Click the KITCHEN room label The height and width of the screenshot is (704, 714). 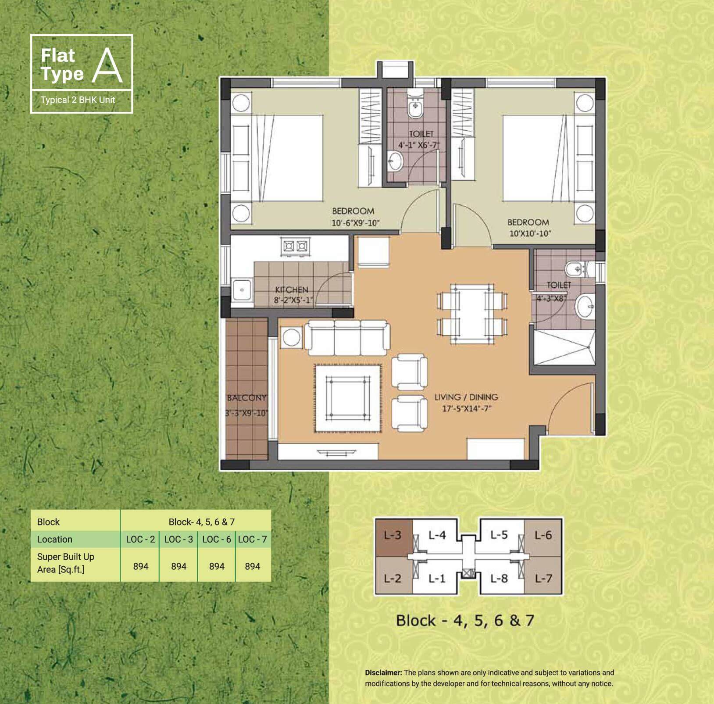pos(292,289)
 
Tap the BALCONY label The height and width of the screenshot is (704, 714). pos(246,398)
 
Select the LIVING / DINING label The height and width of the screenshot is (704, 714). pos(466,397)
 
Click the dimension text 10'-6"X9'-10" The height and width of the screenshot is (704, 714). pos(355,223)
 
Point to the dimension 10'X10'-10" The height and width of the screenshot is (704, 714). pos(530,233)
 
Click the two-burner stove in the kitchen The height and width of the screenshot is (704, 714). pos(295,246)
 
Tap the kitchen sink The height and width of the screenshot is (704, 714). pos(242,289)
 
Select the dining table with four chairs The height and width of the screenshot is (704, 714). pos(472,314)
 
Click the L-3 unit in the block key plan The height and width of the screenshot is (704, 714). pos(393,535)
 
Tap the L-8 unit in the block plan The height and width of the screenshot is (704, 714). pos(499,579)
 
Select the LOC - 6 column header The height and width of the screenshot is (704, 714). pos(217,539)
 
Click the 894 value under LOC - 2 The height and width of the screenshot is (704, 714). pos(141,566)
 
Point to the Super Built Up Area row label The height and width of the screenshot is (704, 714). pos(66,563)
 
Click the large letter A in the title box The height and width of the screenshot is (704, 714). pos(107,66)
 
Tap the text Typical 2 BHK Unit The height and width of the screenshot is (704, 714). pos(78,100)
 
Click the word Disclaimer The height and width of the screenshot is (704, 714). pos(383,672)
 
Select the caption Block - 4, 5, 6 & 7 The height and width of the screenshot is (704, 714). pos(465,620)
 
